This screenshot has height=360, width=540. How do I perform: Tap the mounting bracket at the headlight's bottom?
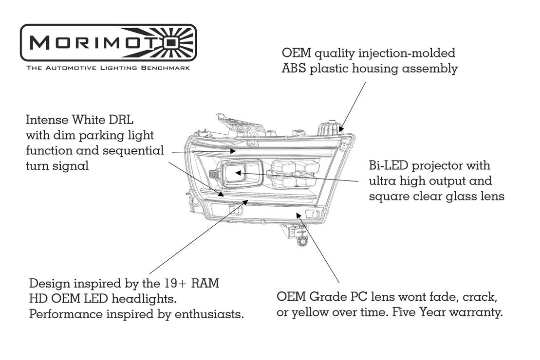coord(298,235)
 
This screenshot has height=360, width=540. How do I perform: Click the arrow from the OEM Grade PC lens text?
coord(319,248)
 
